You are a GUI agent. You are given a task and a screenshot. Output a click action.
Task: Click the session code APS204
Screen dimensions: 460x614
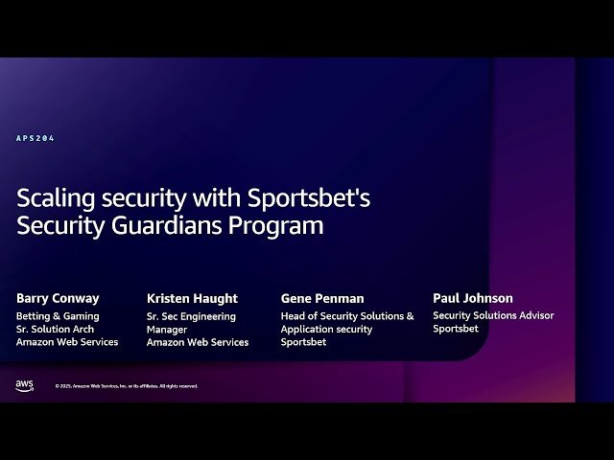pyautogui.click(x=35, y=139)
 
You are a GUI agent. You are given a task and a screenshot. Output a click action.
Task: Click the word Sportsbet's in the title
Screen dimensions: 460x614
pyautogui.click(x=309, y=199)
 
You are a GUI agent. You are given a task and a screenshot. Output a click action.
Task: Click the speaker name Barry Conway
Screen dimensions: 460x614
pyautogui.click(x=58, y=298)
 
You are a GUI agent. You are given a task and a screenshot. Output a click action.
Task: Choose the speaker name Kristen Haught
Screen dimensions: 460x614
pyautogui.click(x=192, y=298)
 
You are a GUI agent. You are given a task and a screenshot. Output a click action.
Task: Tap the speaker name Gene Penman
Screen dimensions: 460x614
pyautogui.click(x=322, y=298)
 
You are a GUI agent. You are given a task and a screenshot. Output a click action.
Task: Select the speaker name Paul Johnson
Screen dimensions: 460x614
pyautogui.click(x=473, y=298)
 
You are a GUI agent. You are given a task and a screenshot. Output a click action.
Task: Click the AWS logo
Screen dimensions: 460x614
pyautogui.click(x=25, y=385)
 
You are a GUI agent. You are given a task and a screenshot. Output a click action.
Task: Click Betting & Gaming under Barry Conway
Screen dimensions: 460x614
pyautogui.click(x=58, y=315)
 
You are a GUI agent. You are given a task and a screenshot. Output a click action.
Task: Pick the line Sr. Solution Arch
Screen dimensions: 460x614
pyautogui.click(x=55, y=329)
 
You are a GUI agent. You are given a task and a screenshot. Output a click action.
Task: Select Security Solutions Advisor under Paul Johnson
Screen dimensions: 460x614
pyautogui.click(x=493, y=315)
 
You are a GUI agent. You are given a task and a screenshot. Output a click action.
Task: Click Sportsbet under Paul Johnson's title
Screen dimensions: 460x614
pyautogui.click(x=455, y=329)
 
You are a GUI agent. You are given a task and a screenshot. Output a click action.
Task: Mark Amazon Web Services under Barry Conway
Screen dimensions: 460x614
pyautogui.click(x=67, y=342)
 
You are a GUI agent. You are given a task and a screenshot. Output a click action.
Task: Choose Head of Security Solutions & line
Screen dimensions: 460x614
pyautogui.click(x=347, y=315)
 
